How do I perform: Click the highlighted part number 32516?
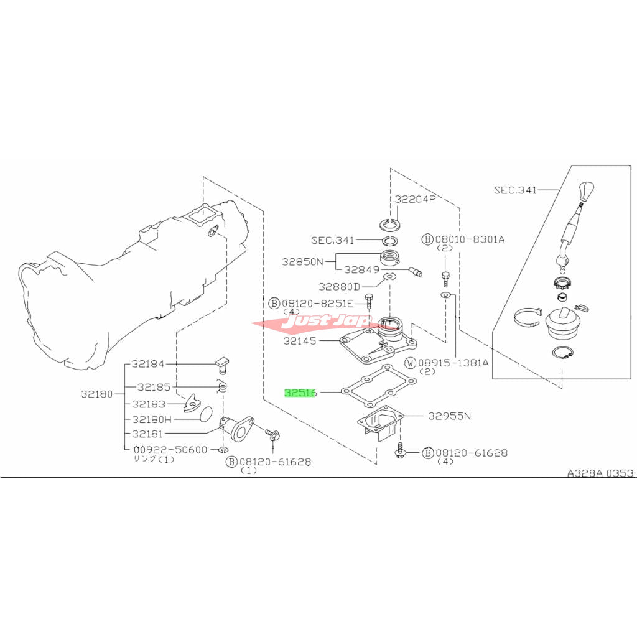(x=300, y=393)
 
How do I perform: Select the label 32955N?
(x=449, y=416)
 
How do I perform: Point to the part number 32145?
(x=300, y=341)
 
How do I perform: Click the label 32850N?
(x=302, y=262)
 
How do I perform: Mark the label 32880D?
(x=339, y=287)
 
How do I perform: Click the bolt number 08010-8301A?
(x=468, y=239)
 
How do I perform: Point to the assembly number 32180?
(x=97, y=394)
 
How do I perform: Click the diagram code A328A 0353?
(x=600, y=473)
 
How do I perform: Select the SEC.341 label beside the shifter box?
(x=515, y=190)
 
